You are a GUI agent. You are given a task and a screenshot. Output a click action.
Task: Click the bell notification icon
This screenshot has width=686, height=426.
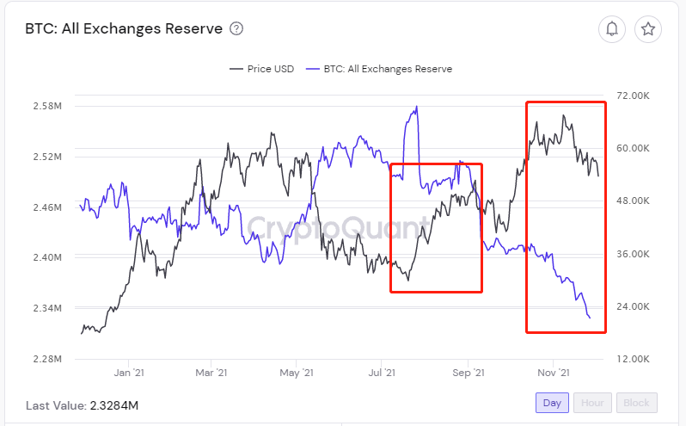coord(611,29)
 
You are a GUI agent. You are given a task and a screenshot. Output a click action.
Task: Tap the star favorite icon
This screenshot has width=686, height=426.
coord(648,29)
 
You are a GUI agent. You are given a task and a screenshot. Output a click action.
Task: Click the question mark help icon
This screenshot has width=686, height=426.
coord(236,29)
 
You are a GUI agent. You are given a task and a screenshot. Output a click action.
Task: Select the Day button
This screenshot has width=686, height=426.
coord(552,403)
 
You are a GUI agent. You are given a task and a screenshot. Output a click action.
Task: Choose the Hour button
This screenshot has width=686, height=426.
coord(592,403)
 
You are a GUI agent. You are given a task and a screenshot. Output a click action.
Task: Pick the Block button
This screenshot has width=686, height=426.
coord(636,403)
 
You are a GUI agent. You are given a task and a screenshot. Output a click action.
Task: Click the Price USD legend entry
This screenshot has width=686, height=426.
coord(261,69)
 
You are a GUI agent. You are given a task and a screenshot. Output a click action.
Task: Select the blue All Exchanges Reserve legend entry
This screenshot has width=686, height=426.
coord(379,69)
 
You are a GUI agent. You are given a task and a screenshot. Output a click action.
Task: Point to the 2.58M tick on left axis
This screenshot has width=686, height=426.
coord(47,106)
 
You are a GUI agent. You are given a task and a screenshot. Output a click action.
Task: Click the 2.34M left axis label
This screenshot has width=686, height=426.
coord(47,308)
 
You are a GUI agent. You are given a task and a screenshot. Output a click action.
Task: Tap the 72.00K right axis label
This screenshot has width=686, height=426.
coord(633,96)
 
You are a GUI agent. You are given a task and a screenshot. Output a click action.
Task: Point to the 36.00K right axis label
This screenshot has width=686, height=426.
coord(633,254)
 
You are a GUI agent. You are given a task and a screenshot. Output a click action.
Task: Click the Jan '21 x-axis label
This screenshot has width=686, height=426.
coord(129,373)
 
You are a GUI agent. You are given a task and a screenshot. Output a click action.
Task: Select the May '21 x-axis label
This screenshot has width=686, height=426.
coord(297,373)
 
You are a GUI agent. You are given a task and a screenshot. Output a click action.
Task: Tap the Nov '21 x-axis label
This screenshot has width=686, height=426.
coord(554,373)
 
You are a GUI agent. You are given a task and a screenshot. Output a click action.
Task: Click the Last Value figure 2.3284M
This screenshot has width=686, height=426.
coord(114,406)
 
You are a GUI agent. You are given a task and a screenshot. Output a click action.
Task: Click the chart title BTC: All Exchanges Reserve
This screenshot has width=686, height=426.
coord(124,29)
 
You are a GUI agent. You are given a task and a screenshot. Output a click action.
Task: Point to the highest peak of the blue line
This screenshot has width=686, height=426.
coord(416,107)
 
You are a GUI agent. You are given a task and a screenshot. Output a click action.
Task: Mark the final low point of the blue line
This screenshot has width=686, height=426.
coord(590,318)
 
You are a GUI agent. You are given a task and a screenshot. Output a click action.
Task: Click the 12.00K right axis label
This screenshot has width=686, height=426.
coord(633,359)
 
